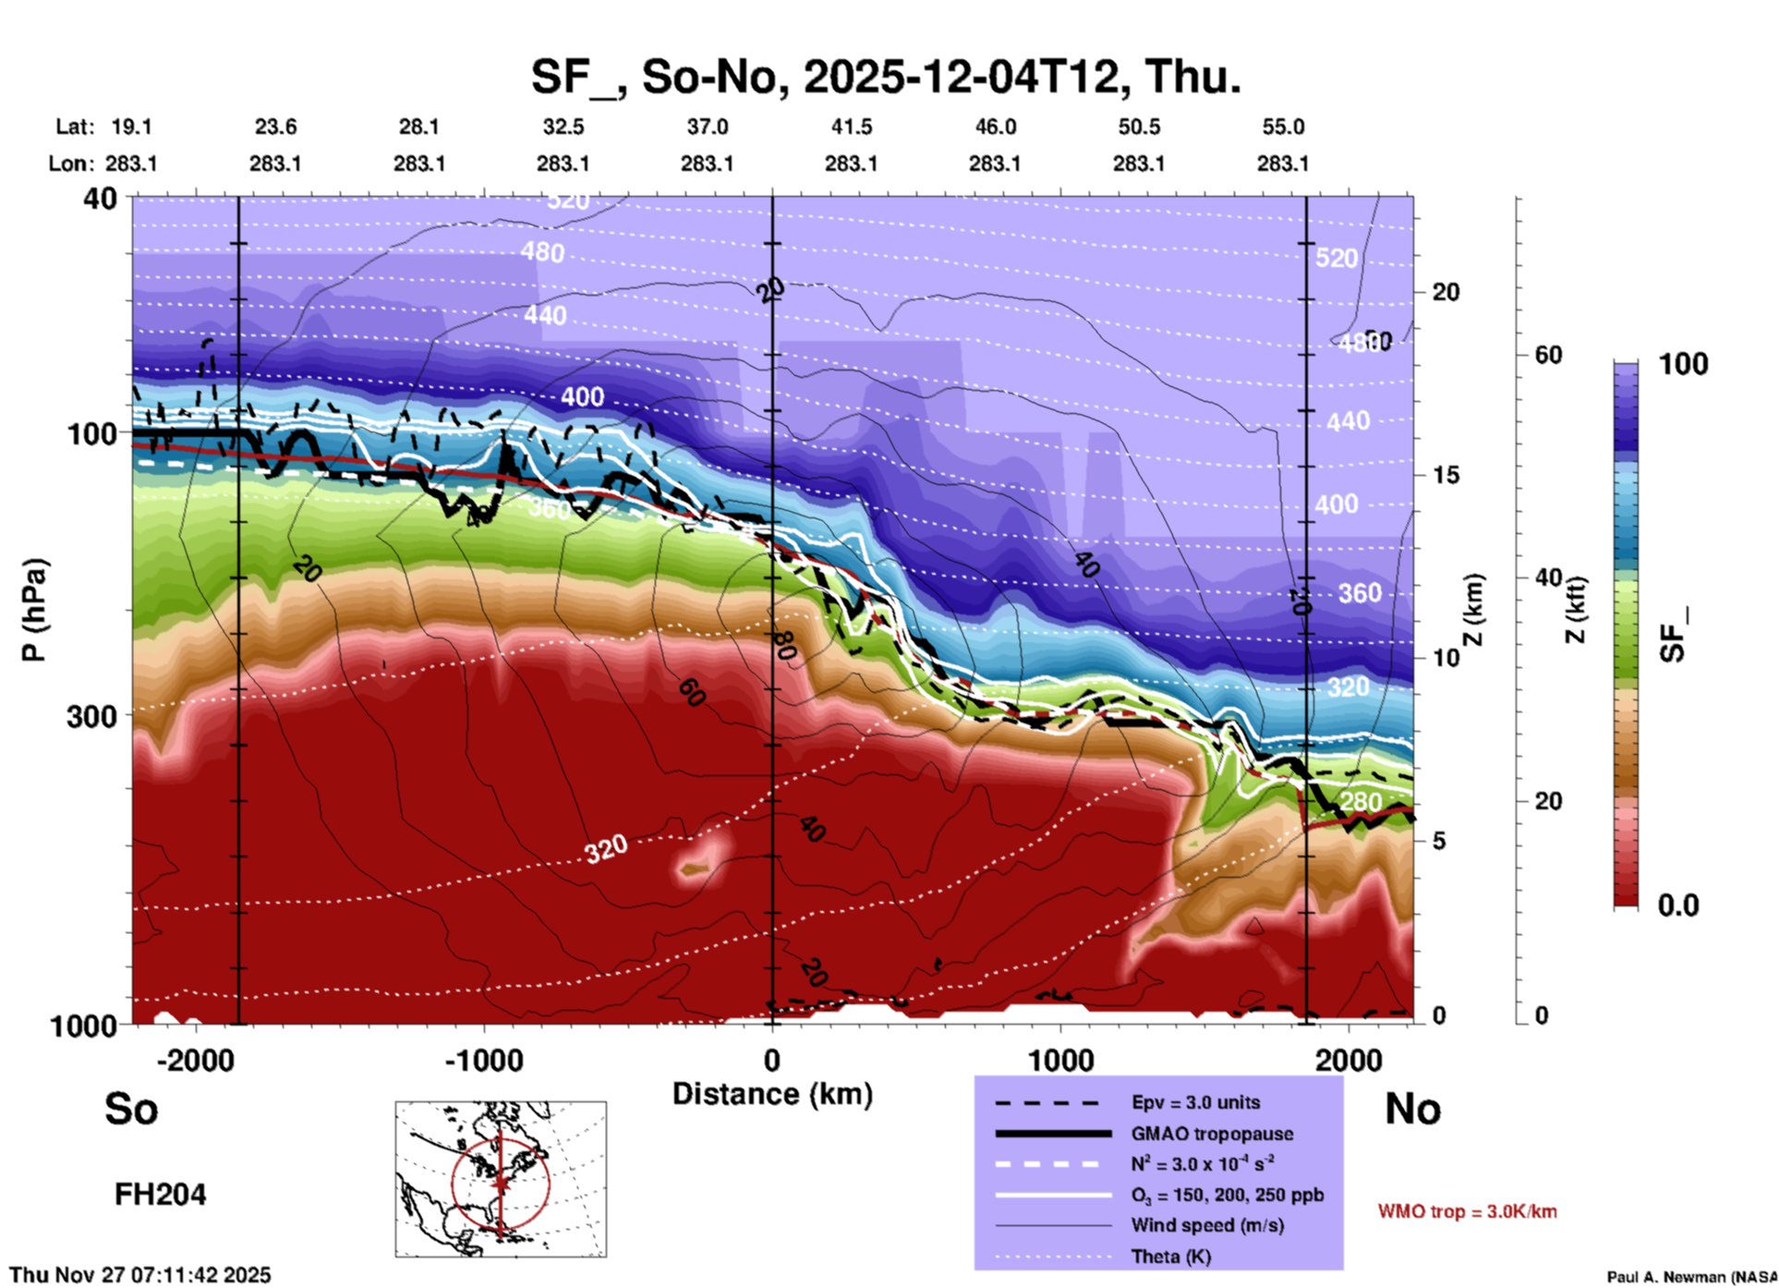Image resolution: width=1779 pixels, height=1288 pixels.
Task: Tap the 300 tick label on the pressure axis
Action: point(91,716)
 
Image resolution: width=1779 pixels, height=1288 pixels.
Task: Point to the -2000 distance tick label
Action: point(195,1061)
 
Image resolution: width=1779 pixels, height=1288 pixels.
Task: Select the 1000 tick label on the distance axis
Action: point(1060,1061)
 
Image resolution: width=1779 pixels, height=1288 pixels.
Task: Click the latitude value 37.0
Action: point(707,127)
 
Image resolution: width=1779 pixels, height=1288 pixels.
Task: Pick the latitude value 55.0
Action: point(1283,127)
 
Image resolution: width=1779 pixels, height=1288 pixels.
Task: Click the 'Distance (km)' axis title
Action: point(772,1094)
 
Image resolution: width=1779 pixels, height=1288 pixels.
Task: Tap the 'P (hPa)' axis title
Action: point(34,610)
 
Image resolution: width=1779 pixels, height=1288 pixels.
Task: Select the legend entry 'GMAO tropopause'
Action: point(1212,1134)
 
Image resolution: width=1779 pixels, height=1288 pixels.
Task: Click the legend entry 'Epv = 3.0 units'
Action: point(1195,1103)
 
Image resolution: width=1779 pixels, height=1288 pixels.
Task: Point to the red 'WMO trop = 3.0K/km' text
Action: point(1467,1211)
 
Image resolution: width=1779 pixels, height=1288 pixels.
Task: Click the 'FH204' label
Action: point(160,1195)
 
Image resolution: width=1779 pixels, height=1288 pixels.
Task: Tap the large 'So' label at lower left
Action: point(131,1109)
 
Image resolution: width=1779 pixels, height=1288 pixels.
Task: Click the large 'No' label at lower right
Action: point(1412,1109)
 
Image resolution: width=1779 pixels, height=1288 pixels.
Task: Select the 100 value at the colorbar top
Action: point(1683,364)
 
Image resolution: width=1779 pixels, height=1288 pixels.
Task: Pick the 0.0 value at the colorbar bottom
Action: point(1677,905)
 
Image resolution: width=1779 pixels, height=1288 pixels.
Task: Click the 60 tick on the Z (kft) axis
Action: point(1548,355)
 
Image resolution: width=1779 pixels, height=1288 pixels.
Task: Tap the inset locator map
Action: point(501,1178)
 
